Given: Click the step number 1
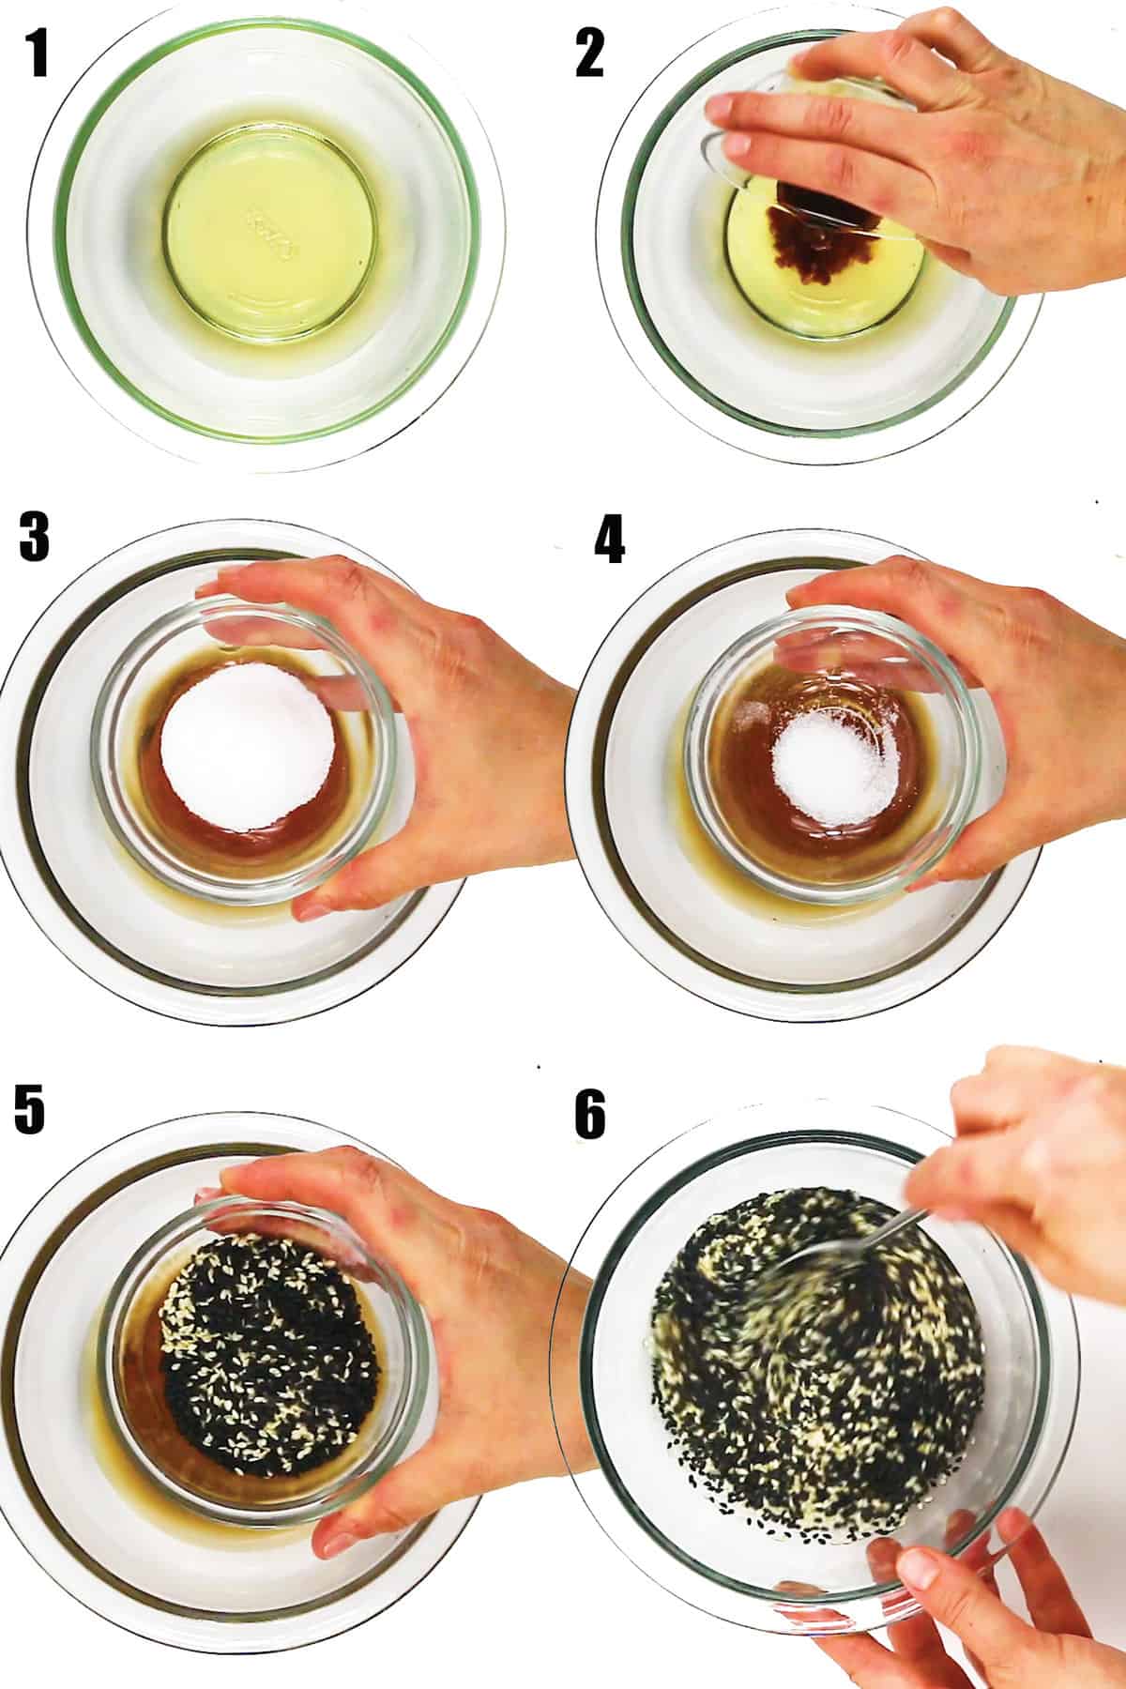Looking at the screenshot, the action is [38, 54].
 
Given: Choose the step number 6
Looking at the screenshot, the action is [590, 1116].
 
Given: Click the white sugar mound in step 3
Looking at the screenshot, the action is [250, 751].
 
